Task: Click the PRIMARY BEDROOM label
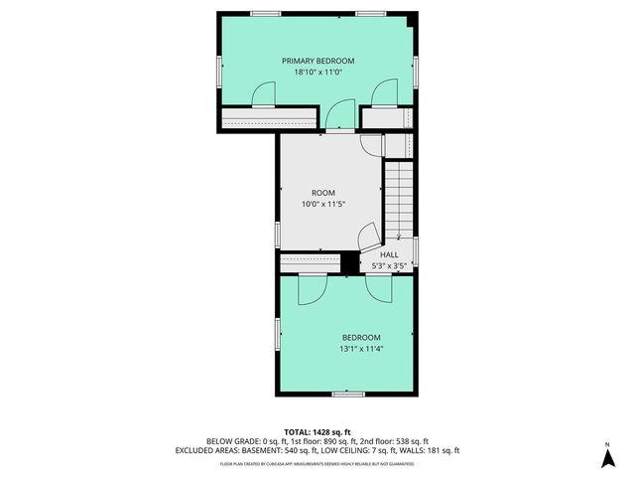[317, 61]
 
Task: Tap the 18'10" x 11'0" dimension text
[317, 73]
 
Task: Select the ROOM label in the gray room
[323, 193]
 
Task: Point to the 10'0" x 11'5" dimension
[323, 205]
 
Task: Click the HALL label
[389, 254]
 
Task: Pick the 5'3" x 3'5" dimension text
[389, 265]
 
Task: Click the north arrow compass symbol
[607, 456]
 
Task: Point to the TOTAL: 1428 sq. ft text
[317, 431]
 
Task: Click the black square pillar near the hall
[348, 261]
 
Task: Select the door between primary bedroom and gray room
[340, 116]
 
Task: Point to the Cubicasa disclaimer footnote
[317, 463]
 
